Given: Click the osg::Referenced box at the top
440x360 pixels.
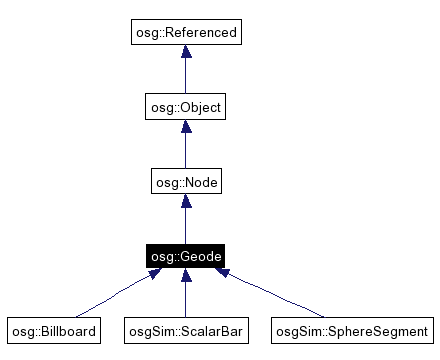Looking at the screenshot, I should tap(185, 33).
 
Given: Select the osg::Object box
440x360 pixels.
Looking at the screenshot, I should tap(185, 108).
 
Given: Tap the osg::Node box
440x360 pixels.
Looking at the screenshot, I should tap(185, 183).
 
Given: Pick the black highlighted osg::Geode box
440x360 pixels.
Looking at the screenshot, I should tap(185, 258).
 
